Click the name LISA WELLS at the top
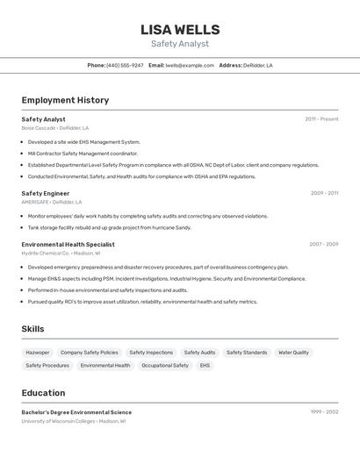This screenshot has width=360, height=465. pos(180,30)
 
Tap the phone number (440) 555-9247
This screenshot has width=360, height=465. pos(125,65)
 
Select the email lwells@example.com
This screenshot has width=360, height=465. pos(190,65)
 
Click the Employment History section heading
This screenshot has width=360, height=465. pos(65,100)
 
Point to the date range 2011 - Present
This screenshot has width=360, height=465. pos(321,118)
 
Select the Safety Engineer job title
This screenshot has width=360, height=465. pos(46,193)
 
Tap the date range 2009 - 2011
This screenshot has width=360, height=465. pos(324,192)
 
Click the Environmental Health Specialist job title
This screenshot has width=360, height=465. pos(68,244)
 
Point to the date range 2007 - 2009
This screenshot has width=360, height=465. pos(323,244)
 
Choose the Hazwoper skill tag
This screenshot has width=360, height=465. pos(38,352)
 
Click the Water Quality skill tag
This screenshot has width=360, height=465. pos(293,352)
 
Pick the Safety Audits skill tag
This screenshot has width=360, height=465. pos(199,352)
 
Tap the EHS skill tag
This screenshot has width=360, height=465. pos(205,365)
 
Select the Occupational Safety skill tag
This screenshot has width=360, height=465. pos(165,365)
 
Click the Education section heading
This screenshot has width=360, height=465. pos(43,393)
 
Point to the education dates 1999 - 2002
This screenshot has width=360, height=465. pos(324,411)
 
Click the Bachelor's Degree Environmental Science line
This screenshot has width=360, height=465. pos(76,411)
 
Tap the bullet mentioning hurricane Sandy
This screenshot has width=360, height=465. pos(109,227)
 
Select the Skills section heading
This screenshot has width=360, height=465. pos(33,329)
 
